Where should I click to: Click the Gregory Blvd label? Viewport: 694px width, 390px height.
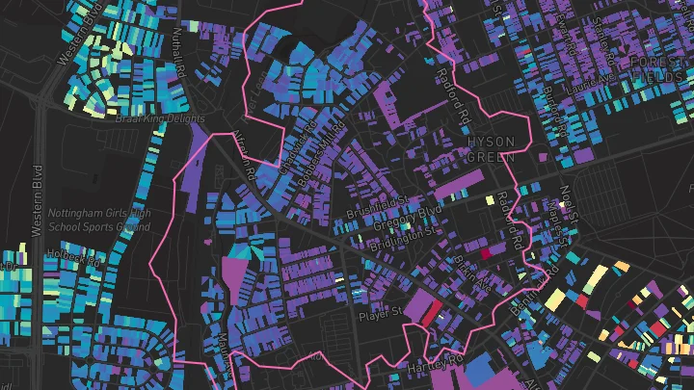(415, 213)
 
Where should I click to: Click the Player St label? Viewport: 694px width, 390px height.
(379, 313)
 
